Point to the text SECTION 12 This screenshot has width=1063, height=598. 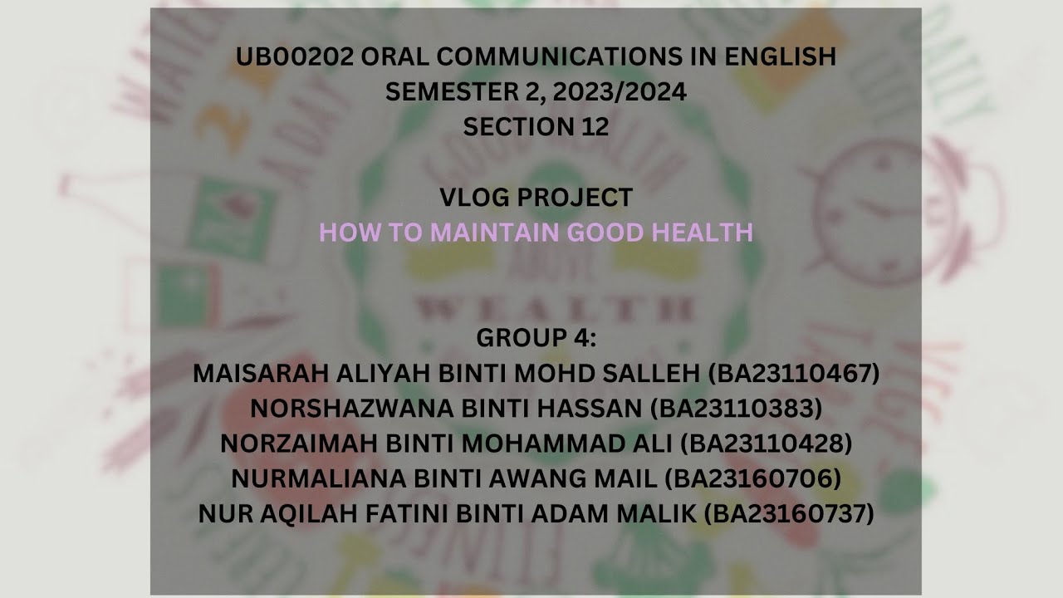click(536, 127)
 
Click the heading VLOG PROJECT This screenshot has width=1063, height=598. click(536, 198)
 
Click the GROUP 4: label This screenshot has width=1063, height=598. click(536, 339)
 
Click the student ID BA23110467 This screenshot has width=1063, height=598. click(793, 374)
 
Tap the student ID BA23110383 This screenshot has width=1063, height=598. click(737, 409)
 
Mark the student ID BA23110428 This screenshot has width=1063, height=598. click(766, 444)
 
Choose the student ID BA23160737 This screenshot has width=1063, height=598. click(789, 514)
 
